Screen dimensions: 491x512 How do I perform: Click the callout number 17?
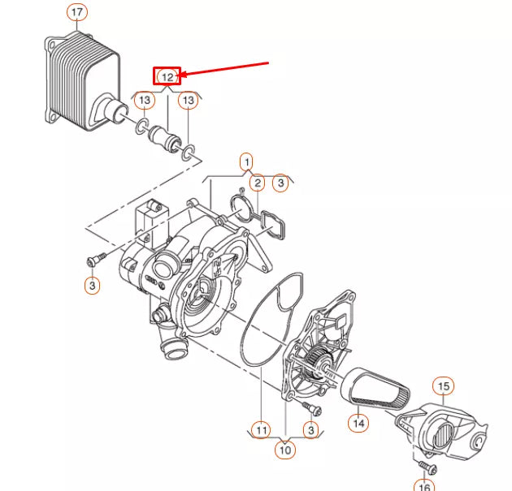click(x=77, y=13)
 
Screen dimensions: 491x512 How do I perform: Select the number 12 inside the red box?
click(x=167, y=76)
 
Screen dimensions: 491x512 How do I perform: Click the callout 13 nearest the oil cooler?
click(x=144, y=100)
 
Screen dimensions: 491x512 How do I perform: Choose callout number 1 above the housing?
click(x=246, y=162)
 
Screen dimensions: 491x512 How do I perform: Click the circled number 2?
click(x=256, y=183)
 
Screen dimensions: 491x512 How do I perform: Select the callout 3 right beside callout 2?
click(x=280, y=183)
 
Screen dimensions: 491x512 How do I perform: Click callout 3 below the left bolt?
click(x=92, y=286)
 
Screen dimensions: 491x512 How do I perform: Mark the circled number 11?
click(x=260, y=429)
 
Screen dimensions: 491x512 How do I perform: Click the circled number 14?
click(x=358, y=422)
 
